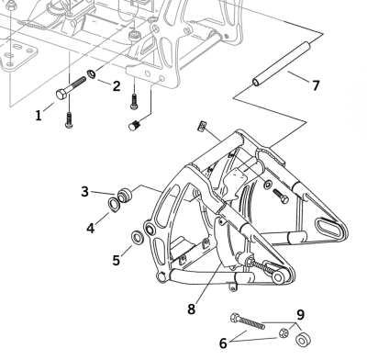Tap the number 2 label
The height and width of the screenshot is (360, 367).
click(x=117, y=86)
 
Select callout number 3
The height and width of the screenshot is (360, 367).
click(x=84, y=191)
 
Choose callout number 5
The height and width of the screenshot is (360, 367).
click(x=117, y=260)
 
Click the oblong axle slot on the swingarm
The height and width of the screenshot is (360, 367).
click(x=325, y=226)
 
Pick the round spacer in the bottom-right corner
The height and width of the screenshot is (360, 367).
click(x=303, y=341)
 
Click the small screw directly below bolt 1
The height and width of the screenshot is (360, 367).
click(x=69, y=118)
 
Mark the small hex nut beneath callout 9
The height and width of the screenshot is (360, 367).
click(x=284, y=332)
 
